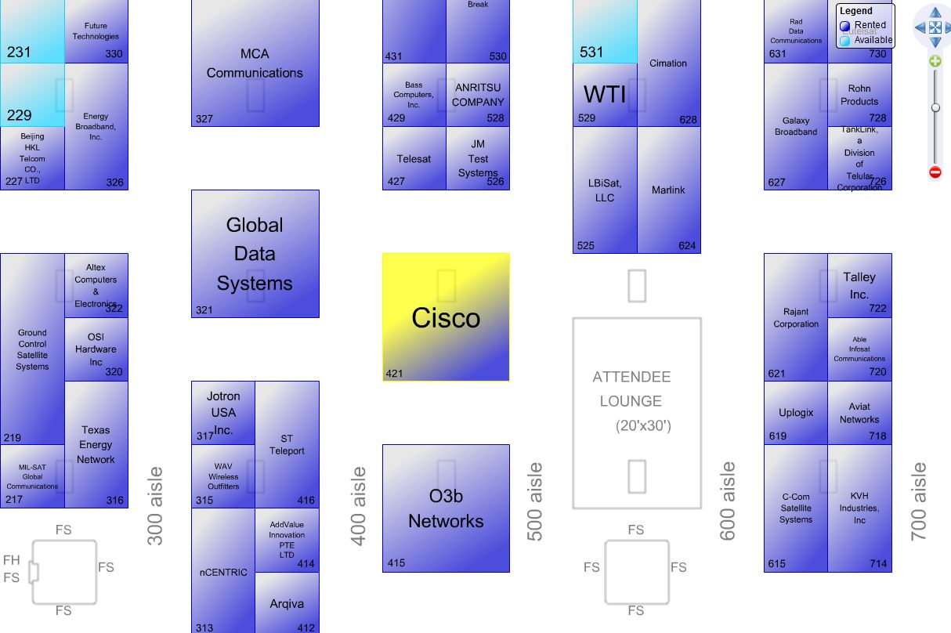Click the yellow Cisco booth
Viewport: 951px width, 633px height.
coord(446,316)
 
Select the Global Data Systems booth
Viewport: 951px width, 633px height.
coord(255,254)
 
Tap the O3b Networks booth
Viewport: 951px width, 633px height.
coord(446,508)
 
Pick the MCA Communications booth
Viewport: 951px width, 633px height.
coord(255,63)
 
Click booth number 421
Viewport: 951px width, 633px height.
coord(395,373)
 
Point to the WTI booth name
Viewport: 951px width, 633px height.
coord(605,95)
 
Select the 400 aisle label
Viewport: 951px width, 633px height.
coord(359,505)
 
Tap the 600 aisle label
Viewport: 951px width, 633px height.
coord(728,501)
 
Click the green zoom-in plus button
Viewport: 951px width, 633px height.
coord(935,61)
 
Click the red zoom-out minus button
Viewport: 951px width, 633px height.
coord(935,172)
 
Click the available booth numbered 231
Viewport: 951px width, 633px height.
coord(32,35)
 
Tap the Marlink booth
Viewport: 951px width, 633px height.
coord(668,190)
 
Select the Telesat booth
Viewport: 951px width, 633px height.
coord(414,159)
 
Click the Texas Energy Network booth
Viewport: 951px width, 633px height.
coord(96,444)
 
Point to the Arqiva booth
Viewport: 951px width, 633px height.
coord(287,604)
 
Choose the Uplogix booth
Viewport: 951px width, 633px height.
coord(796,413)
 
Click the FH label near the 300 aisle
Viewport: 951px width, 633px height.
coord(12,560)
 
